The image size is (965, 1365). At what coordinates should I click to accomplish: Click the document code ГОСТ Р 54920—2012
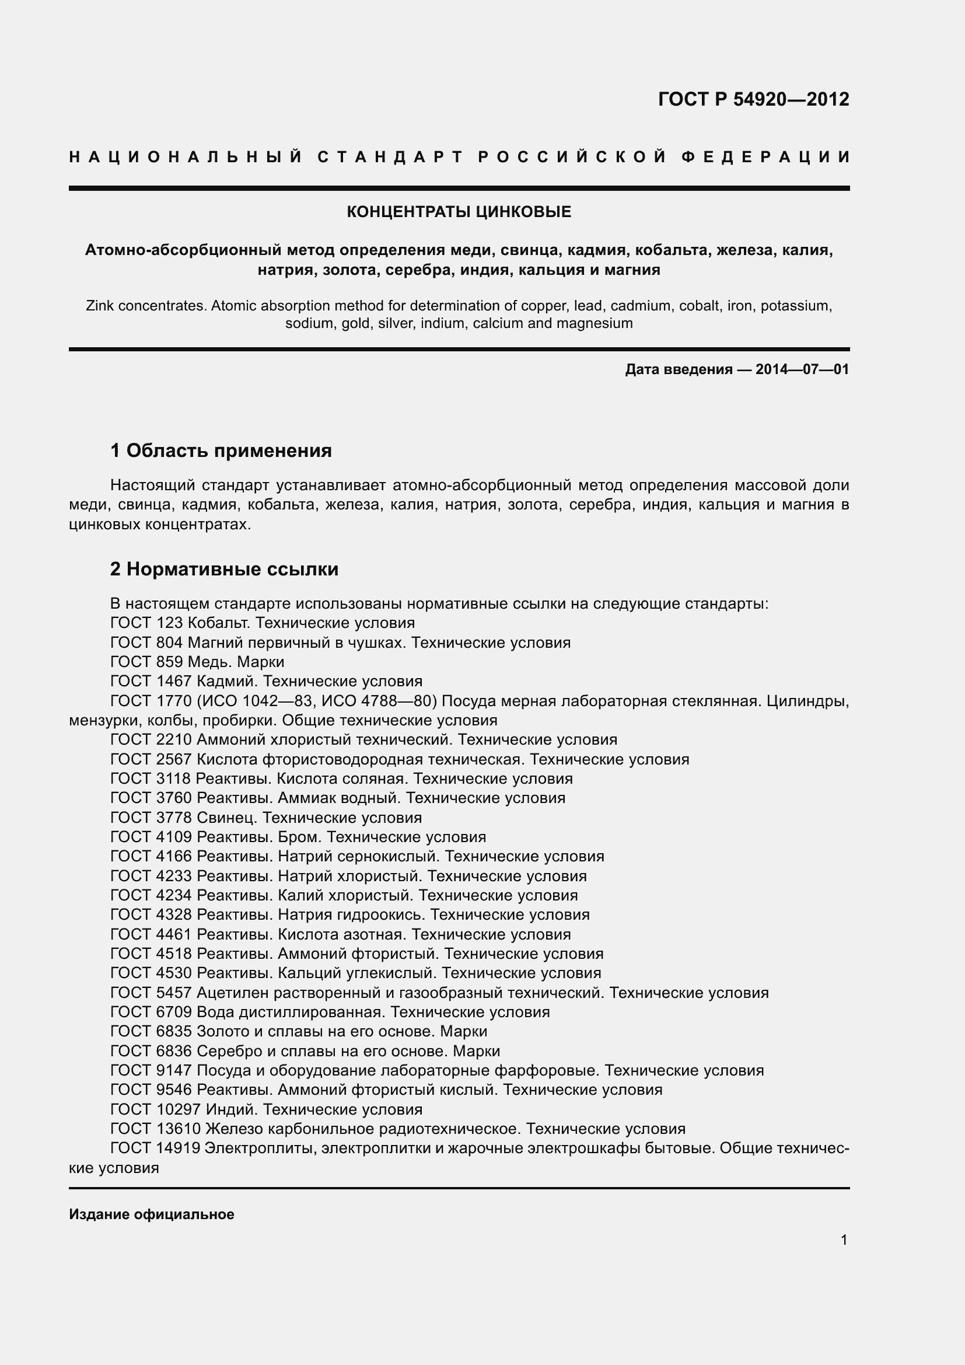[753, 99]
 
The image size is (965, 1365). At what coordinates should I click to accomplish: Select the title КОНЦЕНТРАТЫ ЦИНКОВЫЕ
[459, 212]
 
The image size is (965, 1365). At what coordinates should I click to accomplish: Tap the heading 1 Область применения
[221, 451]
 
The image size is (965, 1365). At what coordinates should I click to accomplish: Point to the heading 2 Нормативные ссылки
[224, 569]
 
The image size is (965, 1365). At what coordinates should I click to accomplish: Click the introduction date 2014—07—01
[802, 370]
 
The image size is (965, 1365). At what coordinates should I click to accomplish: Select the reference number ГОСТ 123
[147, 623]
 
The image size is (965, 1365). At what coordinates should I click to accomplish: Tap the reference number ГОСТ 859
[147, 662]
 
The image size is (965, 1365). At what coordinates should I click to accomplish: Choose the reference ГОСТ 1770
[151, 701]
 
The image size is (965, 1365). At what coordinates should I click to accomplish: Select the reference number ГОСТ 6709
[151, 1012]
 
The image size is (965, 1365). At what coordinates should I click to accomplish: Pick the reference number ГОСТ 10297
[156, 1109]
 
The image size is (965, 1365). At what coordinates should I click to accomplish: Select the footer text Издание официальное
[152, 1214]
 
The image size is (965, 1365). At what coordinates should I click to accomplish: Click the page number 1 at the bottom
[844, 1240]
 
